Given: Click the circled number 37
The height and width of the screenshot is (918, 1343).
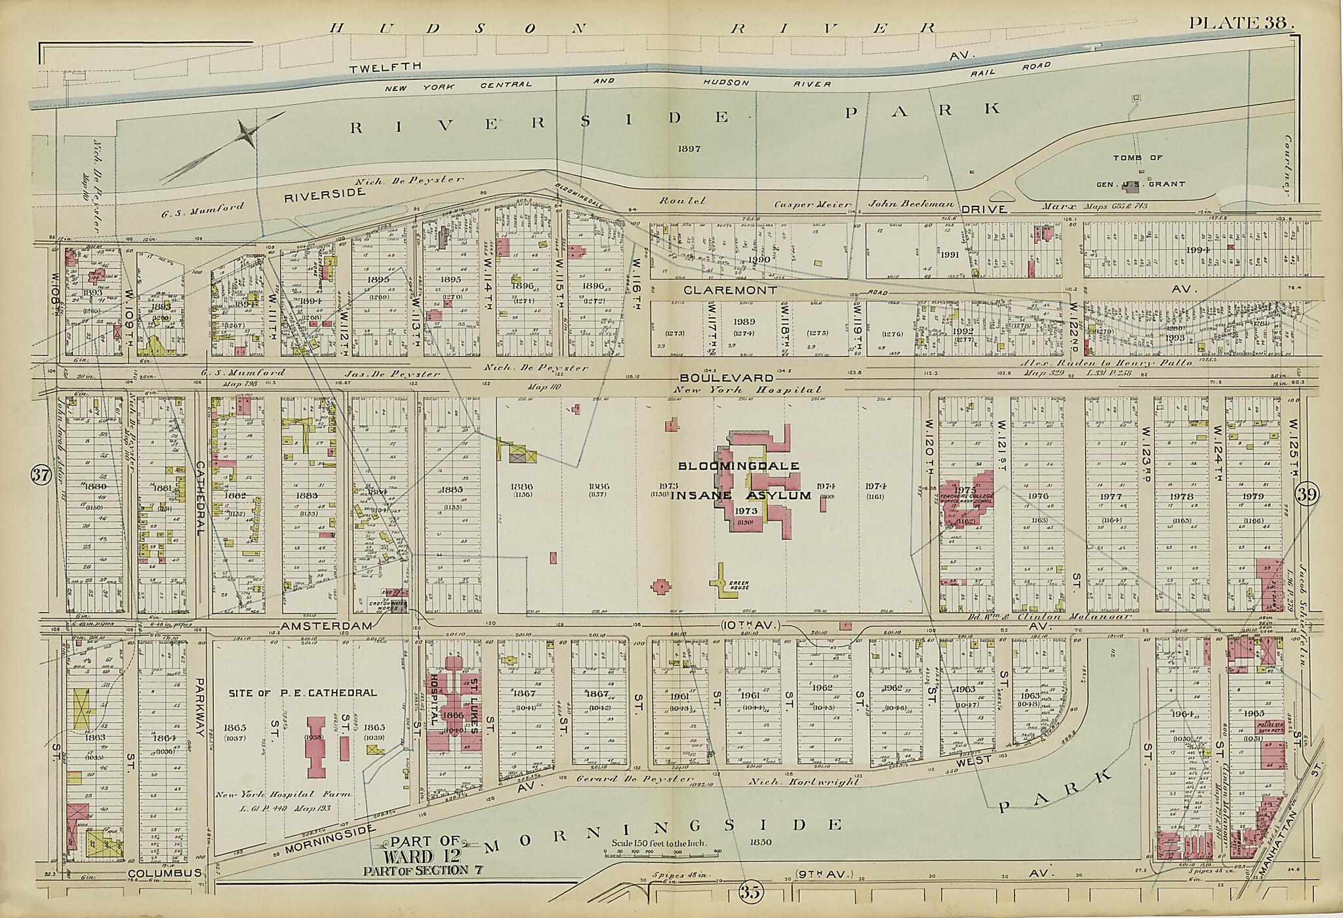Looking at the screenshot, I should [41, 476].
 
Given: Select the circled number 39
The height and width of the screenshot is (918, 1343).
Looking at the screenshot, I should [1306, 495].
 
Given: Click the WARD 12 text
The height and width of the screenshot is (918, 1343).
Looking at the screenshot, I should [417, 856].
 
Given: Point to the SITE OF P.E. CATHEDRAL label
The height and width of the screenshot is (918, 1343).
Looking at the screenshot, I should [302, 692].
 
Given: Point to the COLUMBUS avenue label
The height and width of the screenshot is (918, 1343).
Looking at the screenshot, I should [163, 873].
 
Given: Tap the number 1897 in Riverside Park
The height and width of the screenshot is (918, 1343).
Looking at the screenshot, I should [690, 149].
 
